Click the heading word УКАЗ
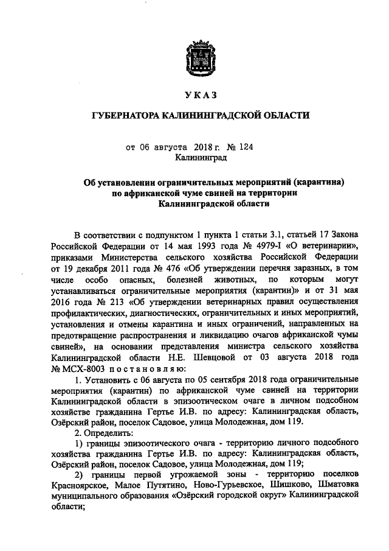point(195,96)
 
